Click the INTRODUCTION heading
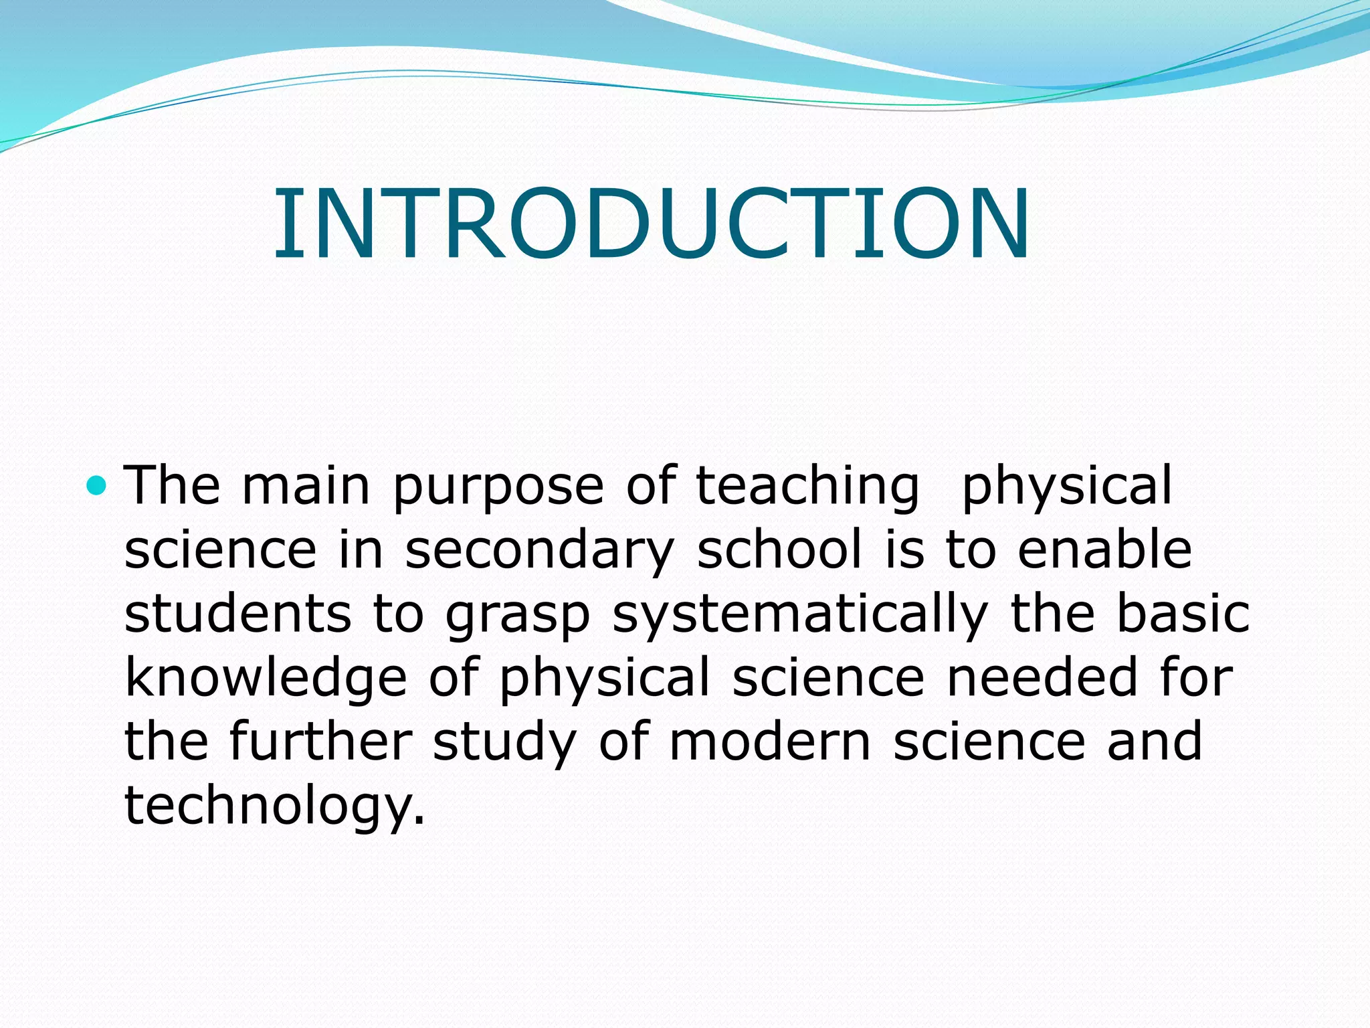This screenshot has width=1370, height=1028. coord(652,224)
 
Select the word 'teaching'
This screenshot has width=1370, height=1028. coord(807,487)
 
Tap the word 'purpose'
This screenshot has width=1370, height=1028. coord(498,487)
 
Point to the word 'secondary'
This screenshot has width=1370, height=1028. coord(539,550)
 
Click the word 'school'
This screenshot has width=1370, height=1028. coord(779,550)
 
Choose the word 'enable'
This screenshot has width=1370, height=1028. coord(1104,550)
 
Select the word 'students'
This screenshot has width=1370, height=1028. coord(237,614)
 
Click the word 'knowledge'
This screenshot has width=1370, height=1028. coord(266,679)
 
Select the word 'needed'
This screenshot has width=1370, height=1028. coord(1042,677)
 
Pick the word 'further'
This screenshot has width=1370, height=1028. coord(320,742)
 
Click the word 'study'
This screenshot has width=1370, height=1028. coord(504,743)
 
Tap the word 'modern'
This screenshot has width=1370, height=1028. coord(770,742)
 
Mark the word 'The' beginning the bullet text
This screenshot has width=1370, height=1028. coord(172,486)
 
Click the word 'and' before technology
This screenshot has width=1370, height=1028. coord(1155,742)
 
